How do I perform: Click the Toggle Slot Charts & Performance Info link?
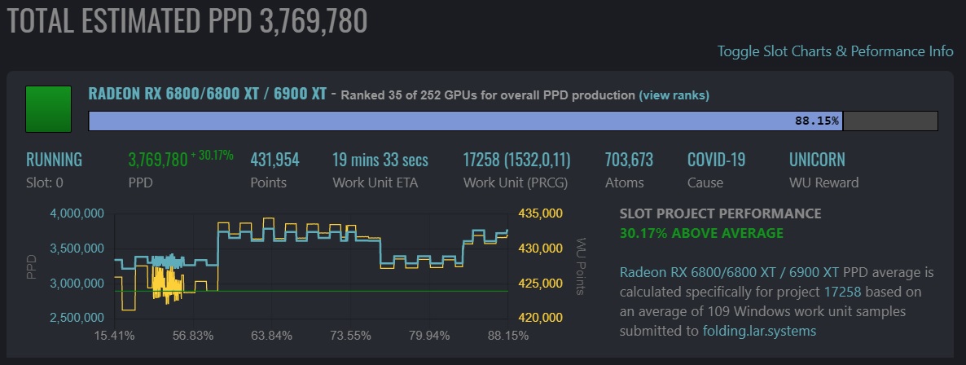835,51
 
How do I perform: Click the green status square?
49,108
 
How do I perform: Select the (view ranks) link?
674,95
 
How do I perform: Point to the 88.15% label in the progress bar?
816,121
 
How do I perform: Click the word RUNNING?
54,160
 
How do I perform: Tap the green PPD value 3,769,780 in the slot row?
157,160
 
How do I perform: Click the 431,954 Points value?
274,160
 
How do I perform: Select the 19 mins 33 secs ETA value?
380,160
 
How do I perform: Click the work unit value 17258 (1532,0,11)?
516,160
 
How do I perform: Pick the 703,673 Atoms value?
629,160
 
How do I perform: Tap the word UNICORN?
817,160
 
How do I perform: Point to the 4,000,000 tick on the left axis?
76,213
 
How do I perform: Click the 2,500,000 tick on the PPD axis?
76,317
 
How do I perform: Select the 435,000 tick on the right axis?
540,213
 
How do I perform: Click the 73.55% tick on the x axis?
351,336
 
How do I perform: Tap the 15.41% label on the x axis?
114,336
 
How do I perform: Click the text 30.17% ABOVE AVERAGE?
701,234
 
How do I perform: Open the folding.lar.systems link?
758,332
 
